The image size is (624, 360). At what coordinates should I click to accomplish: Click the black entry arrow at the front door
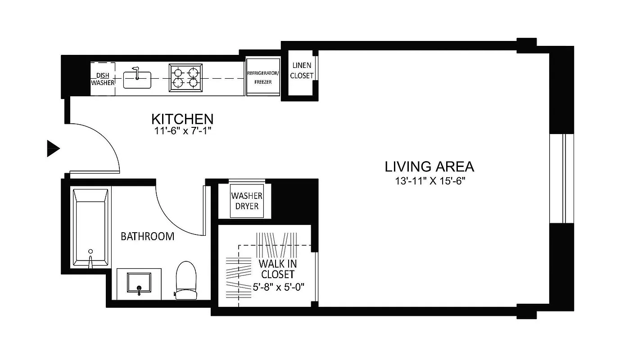(x=53, y=148)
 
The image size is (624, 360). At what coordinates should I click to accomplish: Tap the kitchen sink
(x=137, y=81)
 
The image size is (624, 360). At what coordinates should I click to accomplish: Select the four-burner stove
(x=185, y=77)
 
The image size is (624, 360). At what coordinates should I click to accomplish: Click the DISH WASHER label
(x=103, y=79)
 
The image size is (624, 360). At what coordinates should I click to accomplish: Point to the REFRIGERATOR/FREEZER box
(x=263, y=76)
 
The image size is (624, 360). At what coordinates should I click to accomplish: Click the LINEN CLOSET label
(x=301, y=71)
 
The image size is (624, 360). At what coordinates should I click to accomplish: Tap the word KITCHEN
(x=182, y=119)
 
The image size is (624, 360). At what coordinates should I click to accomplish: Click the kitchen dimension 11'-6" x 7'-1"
(x=182, y=131)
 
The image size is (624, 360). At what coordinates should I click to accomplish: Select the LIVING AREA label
(x=429, y=167)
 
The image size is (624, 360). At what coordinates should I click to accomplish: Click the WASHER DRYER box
(x=246, y=201)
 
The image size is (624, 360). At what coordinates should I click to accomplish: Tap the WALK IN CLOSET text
(x=277, y=269)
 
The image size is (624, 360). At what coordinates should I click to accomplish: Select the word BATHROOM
(x=147, y=236)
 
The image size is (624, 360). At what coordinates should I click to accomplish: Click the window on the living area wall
(x=562, y=178)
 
